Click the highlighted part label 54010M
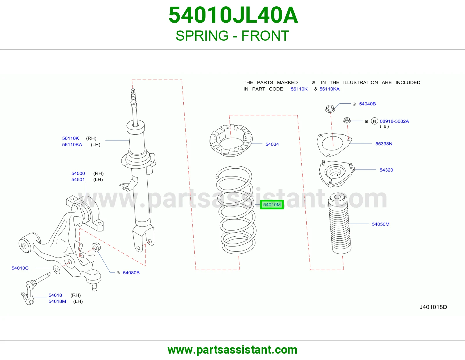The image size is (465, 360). tap(272, 205)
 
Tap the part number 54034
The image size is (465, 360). tap(272, 144)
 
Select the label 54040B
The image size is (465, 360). tap(367, 104)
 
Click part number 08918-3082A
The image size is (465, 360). tap(394, 121)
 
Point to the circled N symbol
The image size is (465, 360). tap(375, 121)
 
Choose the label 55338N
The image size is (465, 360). tap(384, 144)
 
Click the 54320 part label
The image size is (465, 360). tap(386, 170)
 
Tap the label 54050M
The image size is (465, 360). tap(380, 224)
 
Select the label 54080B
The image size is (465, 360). tap(131, 273)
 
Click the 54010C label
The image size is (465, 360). tap(20, 268)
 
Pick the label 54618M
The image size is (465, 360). tap(57, 301)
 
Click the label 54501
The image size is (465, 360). tap(78, 180)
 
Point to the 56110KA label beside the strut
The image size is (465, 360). tap(72, 145)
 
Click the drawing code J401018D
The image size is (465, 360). tap(433, 307)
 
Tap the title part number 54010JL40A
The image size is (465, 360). tap(233, 15)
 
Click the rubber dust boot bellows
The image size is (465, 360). tap(340, 223)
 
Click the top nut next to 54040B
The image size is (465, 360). tap(330, 109)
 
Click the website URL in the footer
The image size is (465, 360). tap(233, 350)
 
